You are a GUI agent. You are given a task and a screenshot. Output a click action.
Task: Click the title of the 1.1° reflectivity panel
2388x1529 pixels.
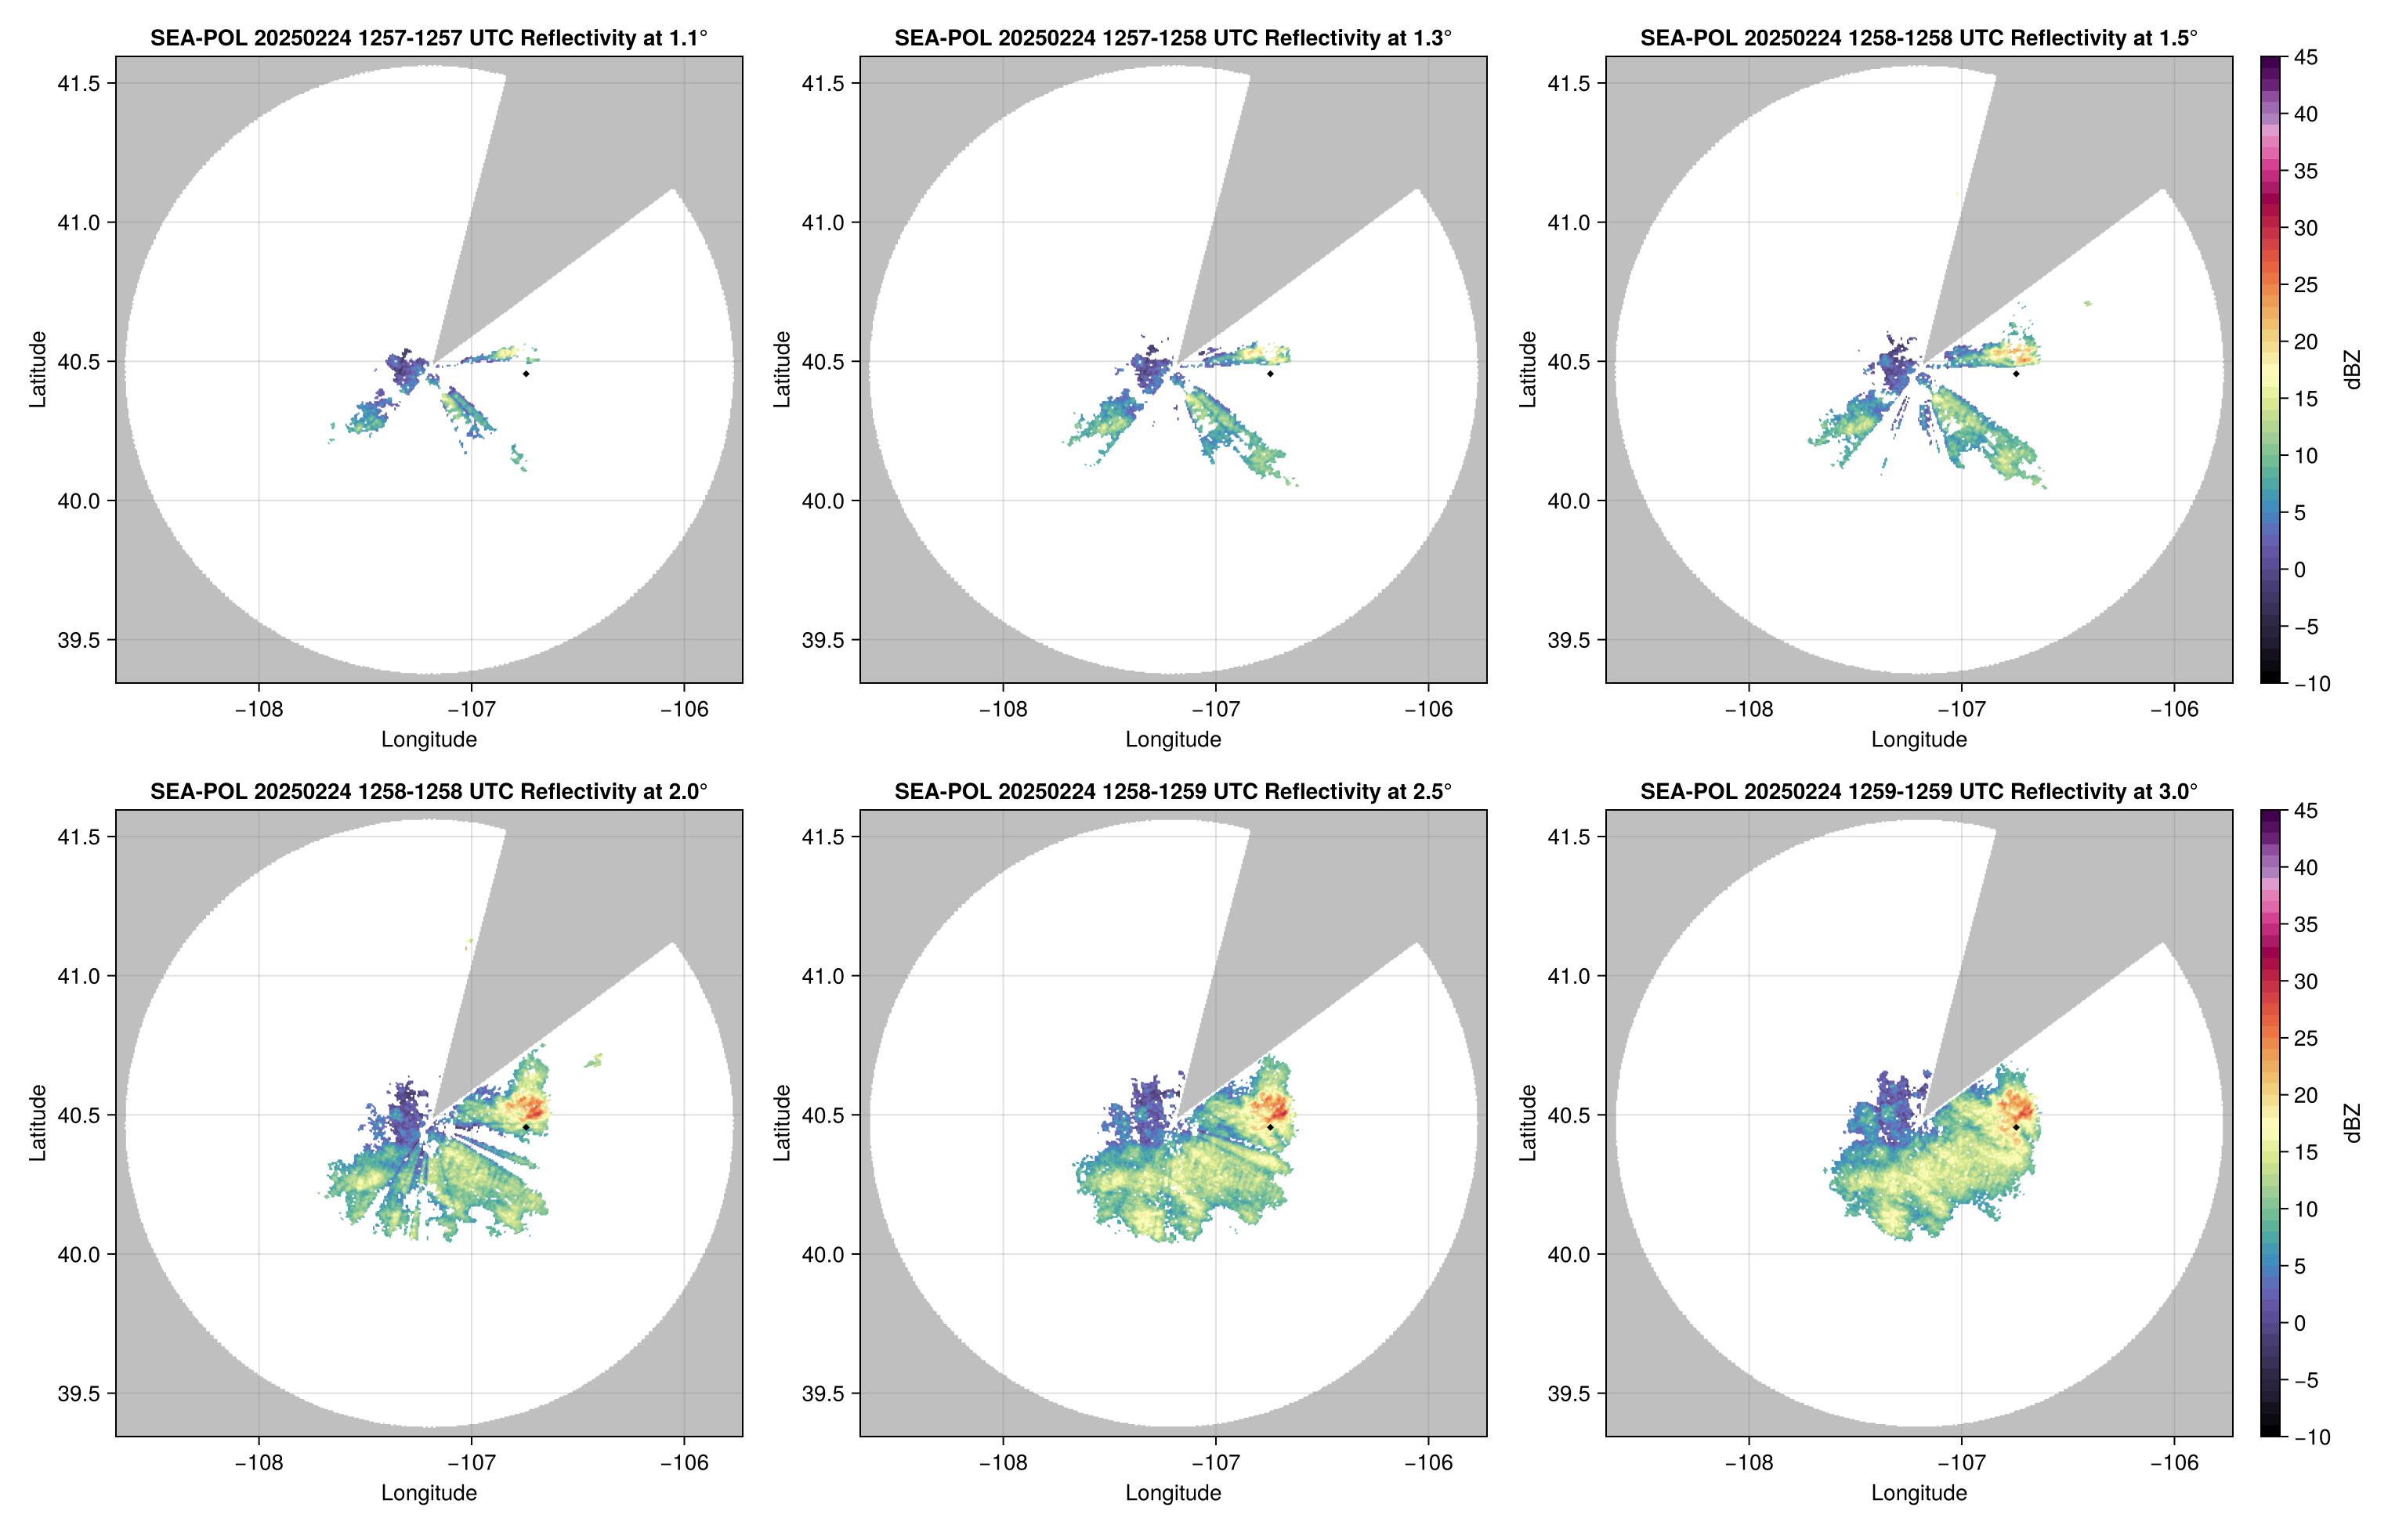point(429,38)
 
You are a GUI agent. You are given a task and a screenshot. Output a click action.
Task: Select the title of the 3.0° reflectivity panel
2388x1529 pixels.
point(1919,791)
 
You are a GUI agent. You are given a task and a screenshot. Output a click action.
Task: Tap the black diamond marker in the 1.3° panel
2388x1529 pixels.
point(1270,374)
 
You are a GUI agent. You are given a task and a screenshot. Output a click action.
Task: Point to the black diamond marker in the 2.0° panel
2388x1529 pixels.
point(525,1127)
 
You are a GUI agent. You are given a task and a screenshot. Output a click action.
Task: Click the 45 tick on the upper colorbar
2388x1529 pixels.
point(2306,58)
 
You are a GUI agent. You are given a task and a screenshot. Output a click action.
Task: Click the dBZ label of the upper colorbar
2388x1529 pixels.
point(2351,370)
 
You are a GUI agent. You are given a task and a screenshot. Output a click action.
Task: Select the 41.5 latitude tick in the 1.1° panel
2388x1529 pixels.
point(79,83)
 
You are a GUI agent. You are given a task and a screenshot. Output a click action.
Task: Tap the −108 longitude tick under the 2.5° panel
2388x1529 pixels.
point(1003,1462)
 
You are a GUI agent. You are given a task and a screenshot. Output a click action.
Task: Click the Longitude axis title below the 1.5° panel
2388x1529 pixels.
point(1919,739)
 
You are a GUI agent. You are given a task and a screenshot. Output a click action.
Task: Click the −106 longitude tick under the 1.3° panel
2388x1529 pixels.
point(1429,709)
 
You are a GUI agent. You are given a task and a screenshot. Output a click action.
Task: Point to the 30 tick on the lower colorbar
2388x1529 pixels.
point(2306,981)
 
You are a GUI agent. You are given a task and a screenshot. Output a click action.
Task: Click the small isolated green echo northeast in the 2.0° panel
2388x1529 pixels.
point(594,1061)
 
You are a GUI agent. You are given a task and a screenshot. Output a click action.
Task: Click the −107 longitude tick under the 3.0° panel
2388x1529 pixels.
point(1961,1462)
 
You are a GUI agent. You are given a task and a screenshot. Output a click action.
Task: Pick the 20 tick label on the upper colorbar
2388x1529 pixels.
point(2306,342)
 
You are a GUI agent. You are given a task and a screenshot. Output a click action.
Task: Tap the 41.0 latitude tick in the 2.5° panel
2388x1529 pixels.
point(824,976)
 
